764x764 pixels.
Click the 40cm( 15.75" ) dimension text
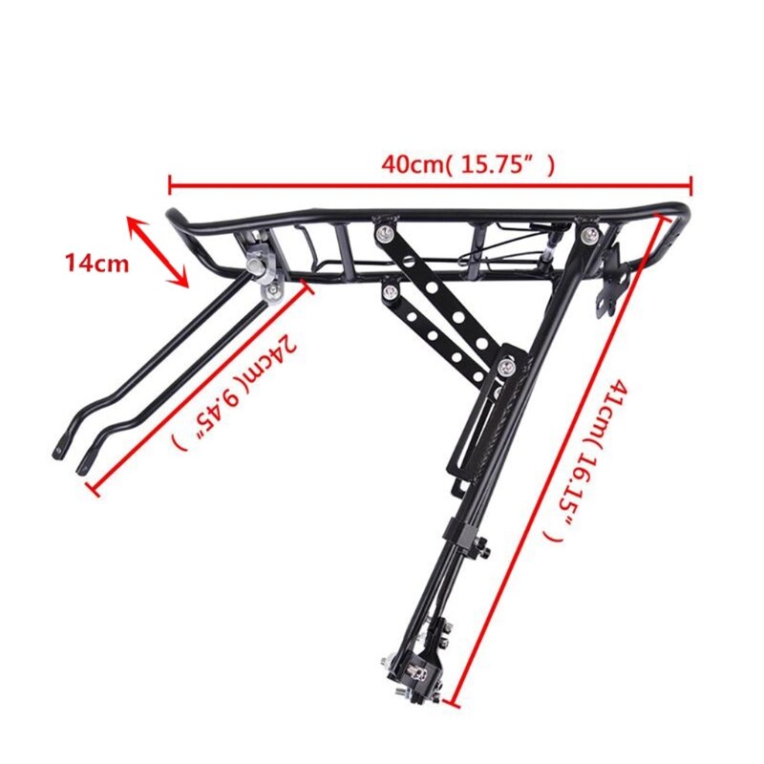[x=467, y=163]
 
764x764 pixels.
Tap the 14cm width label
[x=96, y=264]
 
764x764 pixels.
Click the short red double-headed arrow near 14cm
[x=159, y=251]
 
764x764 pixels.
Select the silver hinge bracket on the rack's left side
[x=261, y=257]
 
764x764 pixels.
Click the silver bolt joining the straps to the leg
[x=509, y=364]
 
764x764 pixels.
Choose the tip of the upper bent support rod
[x=59, y=443]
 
